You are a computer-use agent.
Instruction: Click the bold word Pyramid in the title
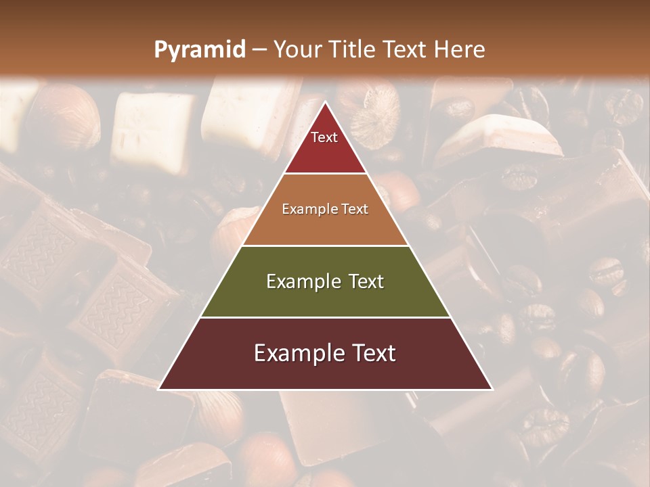pyautogui.click(x=200, y=49)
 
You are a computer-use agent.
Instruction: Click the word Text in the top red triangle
pyautogui.click(x=324, y=137)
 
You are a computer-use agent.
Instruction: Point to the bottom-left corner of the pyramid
pyautogui.click(x=160, y=389)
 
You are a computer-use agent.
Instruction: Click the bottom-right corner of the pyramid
pyautogui.click(x=492, y=389)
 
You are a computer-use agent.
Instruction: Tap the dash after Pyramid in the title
pyautogui.click(x=259, y=50)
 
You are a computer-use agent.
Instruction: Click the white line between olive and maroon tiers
pyautogui.click(x=325, y=317)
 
